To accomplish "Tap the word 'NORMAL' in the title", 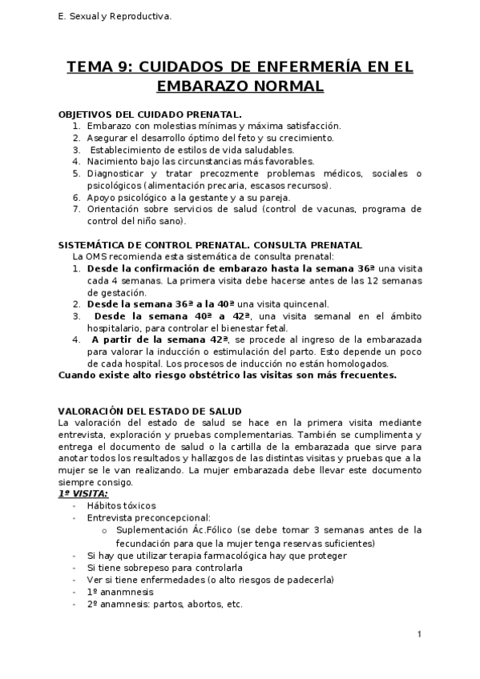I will pos(282,86).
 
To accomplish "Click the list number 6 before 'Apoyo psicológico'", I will pos(76,197).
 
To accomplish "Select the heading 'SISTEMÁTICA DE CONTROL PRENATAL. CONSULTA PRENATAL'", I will pos(211,245).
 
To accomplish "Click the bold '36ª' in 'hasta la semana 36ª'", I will pos(366,268).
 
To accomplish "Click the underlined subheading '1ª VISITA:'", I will pos(83,494).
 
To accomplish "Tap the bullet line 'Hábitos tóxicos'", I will pos(121,506).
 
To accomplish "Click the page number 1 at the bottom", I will pos(419,634).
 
